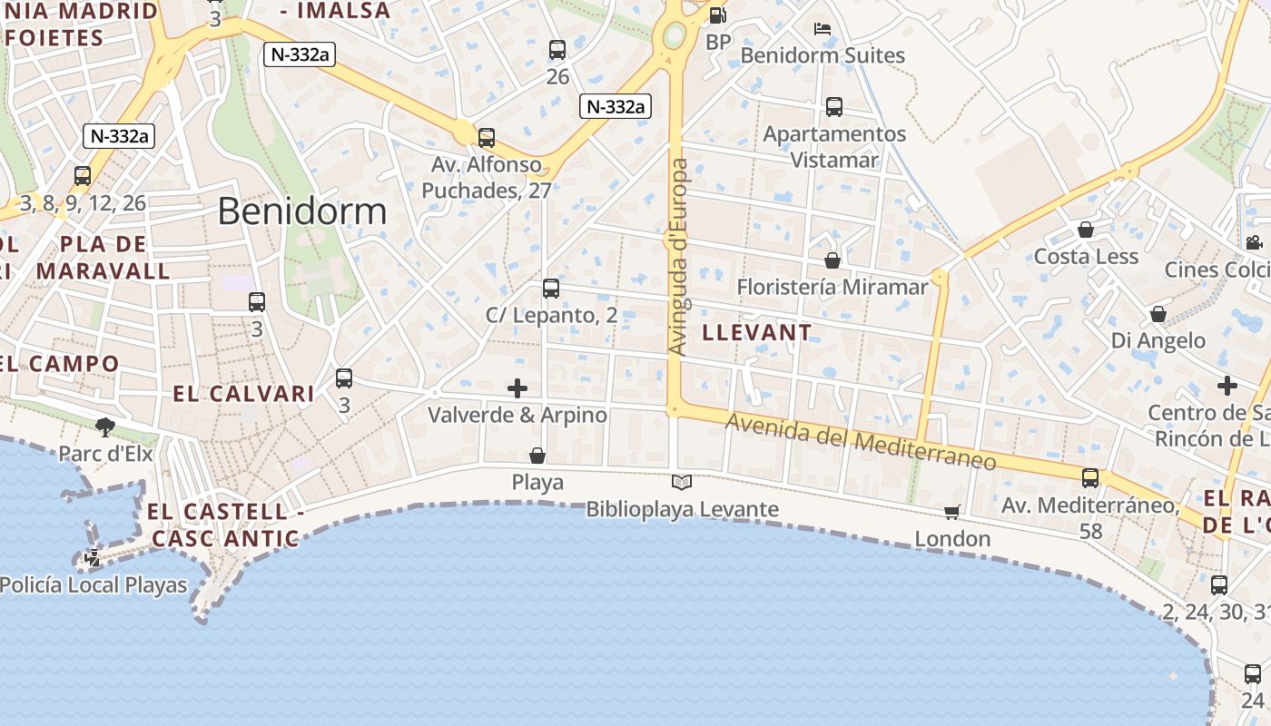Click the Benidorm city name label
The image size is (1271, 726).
click(302, 211)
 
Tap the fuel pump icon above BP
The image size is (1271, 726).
click(717, 15)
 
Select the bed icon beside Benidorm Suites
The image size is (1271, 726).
click(823, 29)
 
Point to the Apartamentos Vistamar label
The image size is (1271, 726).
click(834, 147)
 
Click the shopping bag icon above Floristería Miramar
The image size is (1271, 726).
click(833, 260)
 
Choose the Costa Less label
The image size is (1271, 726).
click(1086, 256)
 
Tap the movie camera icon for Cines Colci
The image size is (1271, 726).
click(1254, 242)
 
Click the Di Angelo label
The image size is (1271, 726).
click(1158, 340)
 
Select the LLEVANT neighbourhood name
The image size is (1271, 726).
click(757, 332)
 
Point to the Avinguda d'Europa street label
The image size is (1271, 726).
click(676, 257)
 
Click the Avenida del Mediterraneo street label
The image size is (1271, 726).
click(860, 442)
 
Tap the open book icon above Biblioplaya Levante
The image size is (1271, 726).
click(682, 482)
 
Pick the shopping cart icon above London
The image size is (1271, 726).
click(952, 513)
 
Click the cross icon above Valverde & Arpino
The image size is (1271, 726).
click(517, 388)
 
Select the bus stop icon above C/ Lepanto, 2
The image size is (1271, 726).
click(551, 289)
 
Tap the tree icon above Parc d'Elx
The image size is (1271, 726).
click(105, 427)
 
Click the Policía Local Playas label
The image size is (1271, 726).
click(94, 585)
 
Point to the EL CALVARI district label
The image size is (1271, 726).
click(244, 394)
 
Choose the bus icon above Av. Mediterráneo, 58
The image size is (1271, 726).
click(1090, 477)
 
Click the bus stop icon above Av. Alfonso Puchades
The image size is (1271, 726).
click(487, 138)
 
